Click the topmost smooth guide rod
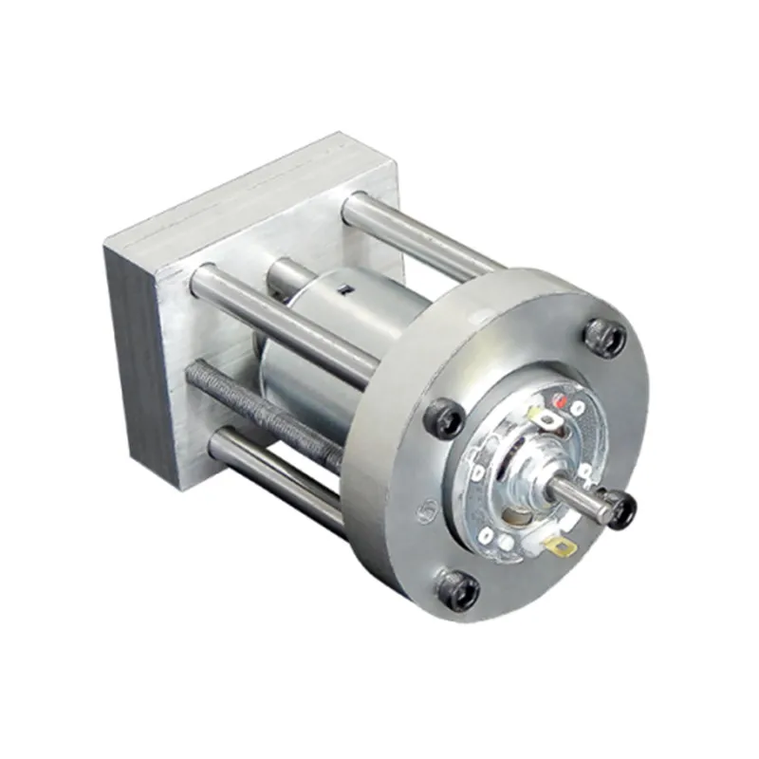pos(417,232)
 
